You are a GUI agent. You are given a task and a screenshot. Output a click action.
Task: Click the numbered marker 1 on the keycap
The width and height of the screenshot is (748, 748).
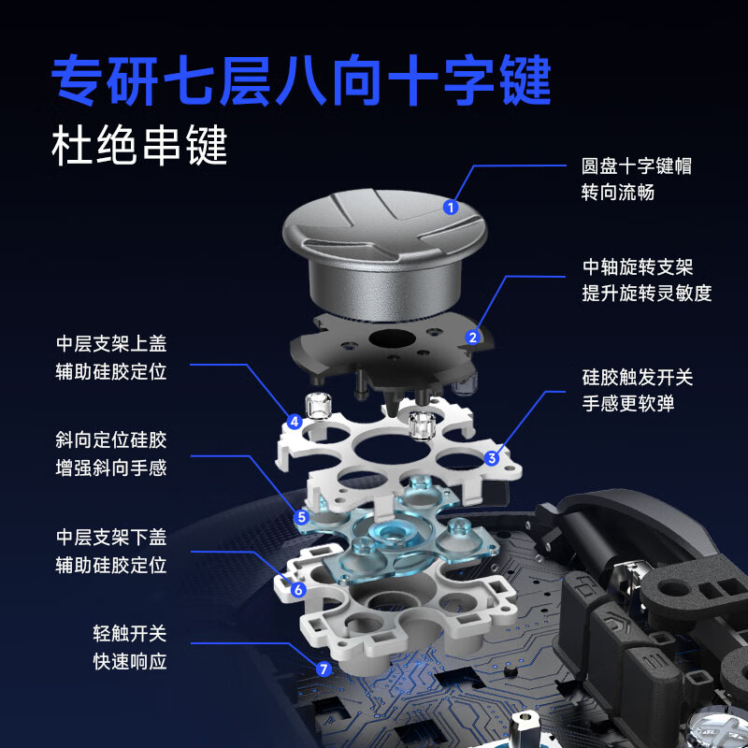(451, 208)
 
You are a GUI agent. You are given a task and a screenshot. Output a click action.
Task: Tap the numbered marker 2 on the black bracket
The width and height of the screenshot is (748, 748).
(473, 337)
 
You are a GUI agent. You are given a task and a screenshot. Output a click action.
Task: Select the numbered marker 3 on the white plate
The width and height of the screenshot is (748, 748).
(492, 458)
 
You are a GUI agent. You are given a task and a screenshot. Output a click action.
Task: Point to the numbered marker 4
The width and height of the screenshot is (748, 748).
(295, 422)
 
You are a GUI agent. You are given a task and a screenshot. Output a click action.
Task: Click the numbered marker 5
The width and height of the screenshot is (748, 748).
(301, 516)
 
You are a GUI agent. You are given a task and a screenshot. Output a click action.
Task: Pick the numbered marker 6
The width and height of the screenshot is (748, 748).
(298, 590)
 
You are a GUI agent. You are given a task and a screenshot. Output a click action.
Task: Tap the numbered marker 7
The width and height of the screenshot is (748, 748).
(324, 669)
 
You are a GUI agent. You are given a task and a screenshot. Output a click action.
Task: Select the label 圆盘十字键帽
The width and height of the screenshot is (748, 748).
(637, 166)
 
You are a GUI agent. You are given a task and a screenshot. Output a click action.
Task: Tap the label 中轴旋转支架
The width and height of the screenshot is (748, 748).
(637, 267)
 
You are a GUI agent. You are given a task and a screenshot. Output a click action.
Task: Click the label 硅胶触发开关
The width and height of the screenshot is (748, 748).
(637, 378)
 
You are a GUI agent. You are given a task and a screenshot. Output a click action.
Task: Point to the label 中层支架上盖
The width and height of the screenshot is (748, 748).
(111, 344)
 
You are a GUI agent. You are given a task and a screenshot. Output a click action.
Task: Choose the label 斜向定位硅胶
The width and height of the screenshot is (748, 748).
(111, 440)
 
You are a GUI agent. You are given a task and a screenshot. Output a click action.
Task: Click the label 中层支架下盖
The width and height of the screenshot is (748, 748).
(111, 538)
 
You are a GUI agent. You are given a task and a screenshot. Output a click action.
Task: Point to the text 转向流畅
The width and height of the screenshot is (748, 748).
(618, 194)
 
